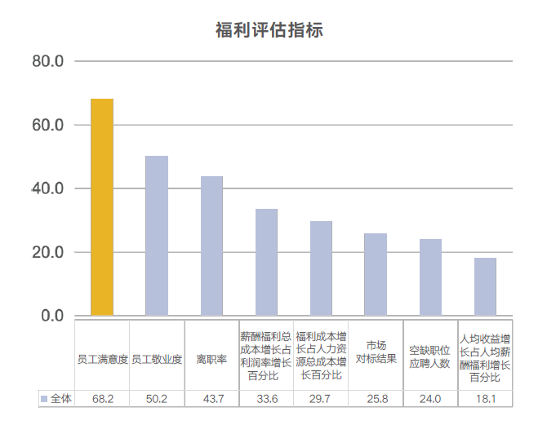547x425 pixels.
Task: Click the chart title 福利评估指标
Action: tap(269, 30)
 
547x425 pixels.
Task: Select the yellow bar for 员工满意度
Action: tap(102, 207)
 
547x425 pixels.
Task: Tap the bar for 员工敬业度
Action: tap(157, 236)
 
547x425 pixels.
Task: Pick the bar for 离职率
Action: tap(211, 246)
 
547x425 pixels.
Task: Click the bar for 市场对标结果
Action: tap(376, 274)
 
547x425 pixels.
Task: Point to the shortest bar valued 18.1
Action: tap(485, 286)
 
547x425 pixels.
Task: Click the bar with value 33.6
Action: tap(266, 262)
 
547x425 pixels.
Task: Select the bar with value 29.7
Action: tap(321, 268)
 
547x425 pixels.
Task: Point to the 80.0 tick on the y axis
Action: tap(47, 62)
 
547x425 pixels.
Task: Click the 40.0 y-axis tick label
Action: tap(47, 188)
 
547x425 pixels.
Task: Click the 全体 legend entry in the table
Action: tap(56, 399)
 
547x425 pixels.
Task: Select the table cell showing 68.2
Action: tap(102, 399)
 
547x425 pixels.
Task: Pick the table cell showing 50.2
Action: tap(157, 399)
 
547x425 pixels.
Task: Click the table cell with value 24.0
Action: tap(430, 399)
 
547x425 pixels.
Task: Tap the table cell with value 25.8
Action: tap(376, 399)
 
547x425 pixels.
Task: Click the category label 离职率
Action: tap(211, 359)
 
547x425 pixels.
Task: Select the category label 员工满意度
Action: tap(102, 359)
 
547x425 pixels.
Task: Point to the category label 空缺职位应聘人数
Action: tap(430, 356)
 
